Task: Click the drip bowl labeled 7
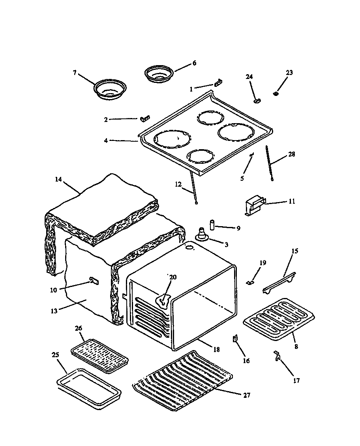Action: tap(110, 89)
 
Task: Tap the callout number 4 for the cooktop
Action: tap(106, 140)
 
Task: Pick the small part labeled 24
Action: tap(257, 101)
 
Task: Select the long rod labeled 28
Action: tap(270, 163)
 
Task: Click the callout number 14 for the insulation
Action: tap(58, 179)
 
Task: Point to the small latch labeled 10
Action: tap(93, 281)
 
